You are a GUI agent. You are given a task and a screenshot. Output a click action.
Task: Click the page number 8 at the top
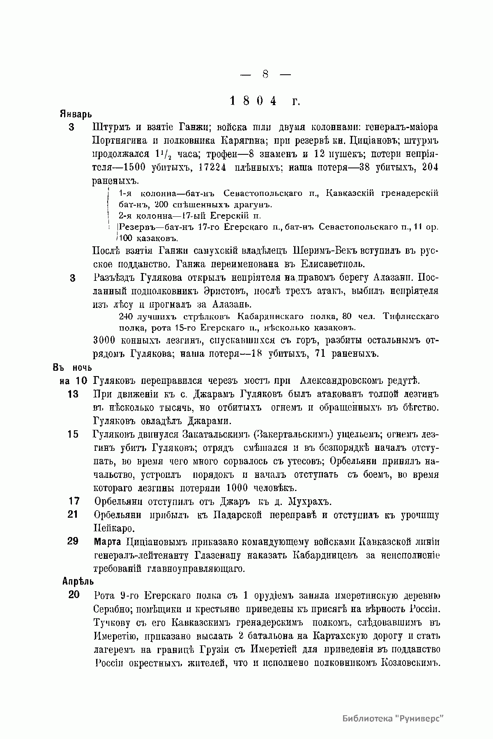tap(265, 75)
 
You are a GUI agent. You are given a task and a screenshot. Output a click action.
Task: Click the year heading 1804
tap(253, 101)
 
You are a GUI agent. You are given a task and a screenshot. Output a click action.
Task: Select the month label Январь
tap(75, 114)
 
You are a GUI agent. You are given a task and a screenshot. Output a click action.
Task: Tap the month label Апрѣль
tap(78, 581)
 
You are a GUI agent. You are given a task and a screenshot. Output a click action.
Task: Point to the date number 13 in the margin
tap(73, 394)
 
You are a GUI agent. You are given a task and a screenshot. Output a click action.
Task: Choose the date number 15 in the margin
tap(73, 434)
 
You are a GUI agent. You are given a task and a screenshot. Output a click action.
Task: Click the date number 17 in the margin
tap(74, 501)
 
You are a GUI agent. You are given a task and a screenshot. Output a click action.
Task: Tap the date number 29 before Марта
tap(73, 541)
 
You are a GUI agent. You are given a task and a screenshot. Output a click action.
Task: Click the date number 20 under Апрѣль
tap(74, 595)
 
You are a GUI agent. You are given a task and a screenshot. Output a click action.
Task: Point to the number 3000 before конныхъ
tap(105, 340)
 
